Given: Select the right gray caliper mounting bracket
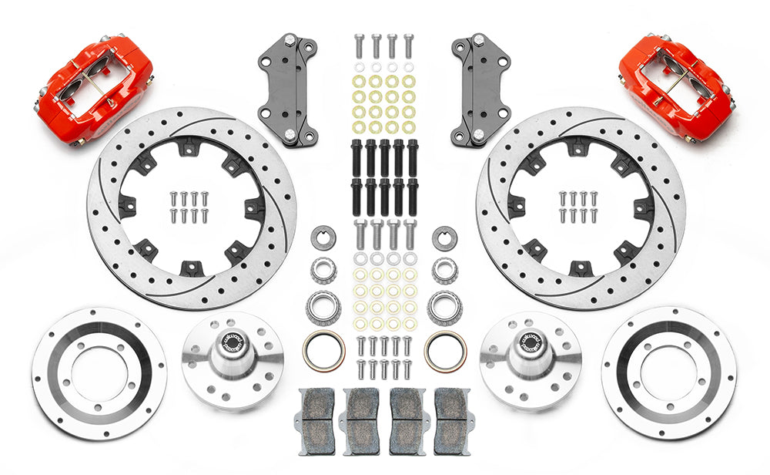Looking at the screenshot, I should (x=481, y=89).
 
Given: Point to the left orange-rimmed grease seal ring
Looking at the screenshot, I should (x=323, y=351).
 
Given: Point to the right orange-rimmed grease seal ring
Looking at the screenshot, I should (x=445, y=351).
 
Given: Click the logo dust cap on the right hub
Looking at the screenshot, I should (x=531, y=342).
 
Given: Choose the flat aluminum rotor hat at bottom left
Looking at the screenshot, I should (x=99, y=372).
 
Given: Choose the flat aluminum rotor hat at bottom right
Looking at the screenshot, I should (x=669, y=372).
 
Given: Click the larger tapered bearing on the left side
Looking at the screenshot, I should (x=323, y=308).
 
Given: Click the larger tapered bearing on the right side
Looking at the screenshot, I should (x=445, y=308).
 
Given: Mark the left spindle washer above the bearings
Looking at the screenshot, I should (x=323, y=237).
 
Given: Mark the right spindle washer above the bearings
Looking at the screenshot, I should (x=444, y=237).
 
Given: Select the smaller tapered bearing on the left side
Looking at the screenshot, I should (x=323, y=270).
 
